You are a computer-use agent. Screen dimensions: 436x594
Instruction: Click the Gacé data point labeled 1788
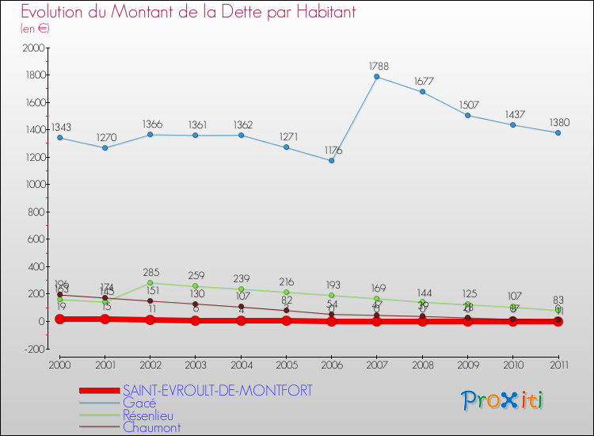pyautogui.click(x=377, y=77)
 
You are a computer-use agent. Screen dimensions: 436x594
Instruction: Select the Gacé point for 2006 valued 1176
pyautogui.click(x=332, y=161)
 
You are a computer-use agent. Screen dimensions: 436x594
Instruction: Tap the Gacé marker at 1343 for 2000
pyautogui.click(x=59, y=138)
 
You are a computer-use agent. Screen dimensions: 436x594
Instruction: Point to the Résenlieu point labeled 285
pyautogui.click(x=150, y=282)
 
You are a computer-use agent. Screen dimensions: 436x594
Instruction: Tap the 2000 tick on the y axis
pyautogui.click(x=34, y=48)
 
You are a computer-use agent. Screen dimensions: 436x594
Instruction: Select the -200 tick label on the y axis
pyautogui.click(x=32, y=349)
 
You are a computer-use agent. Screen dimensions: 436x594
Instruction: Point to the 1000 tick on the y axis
pyautogui.click(x=34, y=185)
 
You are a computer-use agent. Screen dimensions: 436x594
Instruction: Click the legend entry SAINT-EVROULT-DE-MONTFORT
pyautogui.click(x=217, y=390)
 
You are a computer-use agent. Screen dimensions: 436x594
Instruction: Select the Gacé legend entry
pyautogui.click(x=139, y=403)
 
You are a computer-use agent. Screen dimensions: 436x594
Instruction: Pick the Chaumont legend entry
pyautogui.click(x=151, y=428)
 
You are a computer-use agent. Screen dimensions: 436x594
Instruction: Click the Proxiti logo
pyautogui.click(x=502, y=400)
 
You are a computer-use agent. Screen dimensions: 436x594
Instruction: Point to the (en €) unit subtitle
pyautogui.click(x=36, y=29)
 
